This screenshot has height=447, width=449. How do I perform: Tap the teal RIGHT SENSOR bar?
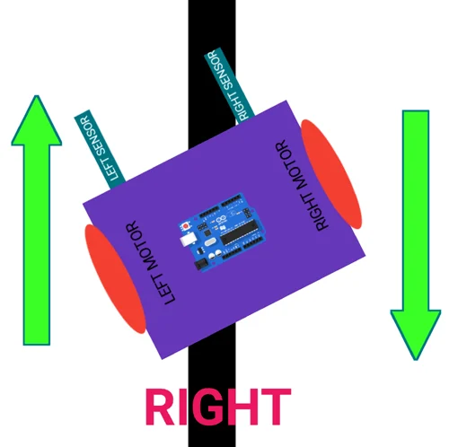pos(230,85)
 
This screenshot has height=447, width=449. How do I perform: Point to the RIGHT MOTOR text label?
pos(302,186)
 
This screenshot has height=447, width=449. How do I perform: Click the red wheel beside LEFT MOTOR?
pos(115,279)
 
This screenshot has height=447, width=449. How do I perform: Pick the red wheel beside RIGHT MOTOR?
pos(331,174)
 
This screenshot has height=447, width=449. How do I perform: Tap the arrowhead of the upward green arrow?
pos(37,120)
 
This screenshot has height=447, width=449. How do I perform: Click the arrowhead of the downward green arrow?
pos(416,335)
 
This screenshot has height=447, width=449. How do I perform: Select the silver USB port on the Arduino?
pos(189,240)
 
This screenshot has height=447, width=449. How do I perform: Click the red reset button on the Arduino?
pos(186,226)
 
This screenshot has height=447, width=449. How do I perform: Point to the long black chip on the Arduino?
pos(239,232)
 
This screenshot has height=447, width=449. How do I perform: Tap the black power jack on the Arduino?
pos(202,264)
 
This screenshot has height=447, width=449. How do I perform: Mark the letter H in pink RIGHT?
pos(244,407)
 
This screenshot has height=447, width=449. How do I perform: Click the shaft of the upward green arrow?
pos(37,245)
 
